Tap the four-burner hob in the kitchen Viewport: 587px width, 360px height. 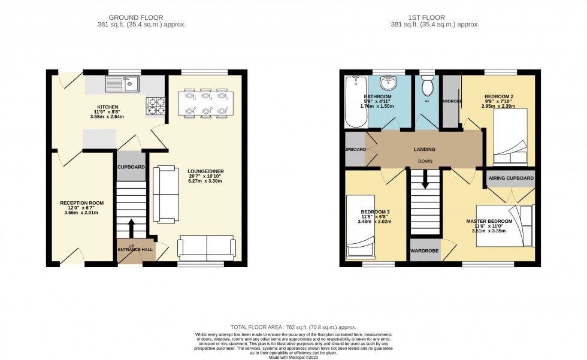pyautogui.click(x=156, y=106)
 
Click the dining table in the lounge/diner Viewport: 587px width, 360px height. pyautogui.click(x=205, y=102)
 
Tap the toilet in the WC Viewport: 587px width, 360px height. pyautogui.click(x=427, y=87)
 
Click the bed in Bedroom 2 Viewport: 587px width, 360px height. pyautogui.click(x=510, y=138)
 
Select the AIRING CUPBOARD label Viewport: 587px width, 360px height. pyautogui.click(x=510, y=179)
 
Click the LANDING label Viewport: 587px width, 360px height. pyautogui.click(x=423, y=149)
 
